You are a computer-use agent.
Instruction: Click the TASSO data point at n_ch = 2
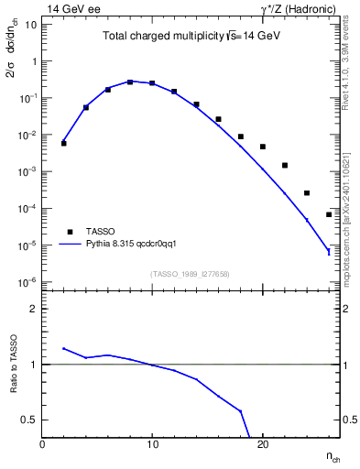click(x=64, y=143)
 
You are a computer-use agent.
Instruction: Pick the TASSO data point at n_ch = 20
click(x=263, y=147)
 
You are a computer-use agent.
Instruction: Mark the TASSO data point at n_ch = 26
click(x=329, y=214)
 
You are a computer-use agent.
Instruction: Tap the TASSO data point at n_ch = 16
click(x=218, y=119)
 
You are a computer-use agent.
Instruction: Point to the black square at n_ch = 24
click(x=307, y=193)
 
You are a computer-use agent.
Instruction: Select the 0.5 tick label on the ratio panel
click(x=29, y=420)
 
